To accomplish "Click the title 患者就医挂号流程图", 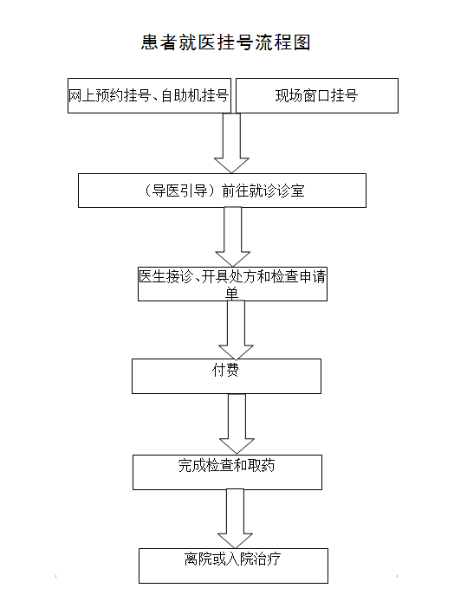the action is click(226, 42).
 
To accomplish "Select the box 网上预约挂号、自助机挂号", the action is click(149, 95).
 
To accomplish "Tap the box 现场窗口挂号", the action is click(317, 95).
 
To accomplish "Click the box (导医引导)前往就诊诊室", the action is click(222, 191).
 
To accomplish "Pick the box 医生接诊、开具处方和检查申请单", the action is click(233, 284).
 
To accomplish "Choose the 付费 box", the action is click(226, 377).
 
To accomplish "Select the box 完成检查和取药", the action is click(227, 472).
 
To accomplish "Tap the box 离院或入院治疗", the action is click(233, 566).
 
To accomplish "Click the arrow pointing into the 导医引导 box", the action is click(231, 143).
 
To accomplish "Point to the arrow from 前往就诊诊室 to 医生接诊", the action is click(233, 237).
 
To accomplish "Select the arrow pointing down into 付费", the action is click(236, 330).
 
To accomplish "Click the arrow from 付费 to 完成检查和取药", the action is click(237, 423).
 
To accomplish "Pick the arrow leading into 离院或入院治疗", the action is click(235, 519).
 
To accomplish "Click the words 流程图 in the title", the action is click(282, 42).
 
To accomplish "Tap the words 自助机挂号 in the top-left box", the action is click(195, 95).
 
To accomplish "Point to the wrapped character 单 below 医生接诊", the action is click(232, 294).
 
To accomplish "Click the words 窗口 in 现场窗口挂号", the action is click(317, 95).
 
